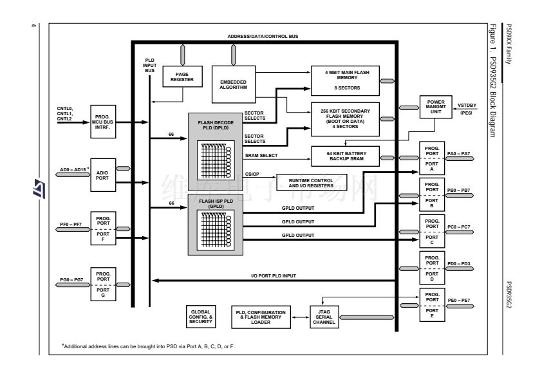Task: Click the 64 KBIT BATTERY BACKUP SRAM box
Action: point(345,155)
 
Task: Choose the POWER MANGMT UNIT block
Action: point(436,106)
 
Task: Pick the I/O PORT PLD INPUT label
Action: point(273,276)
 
